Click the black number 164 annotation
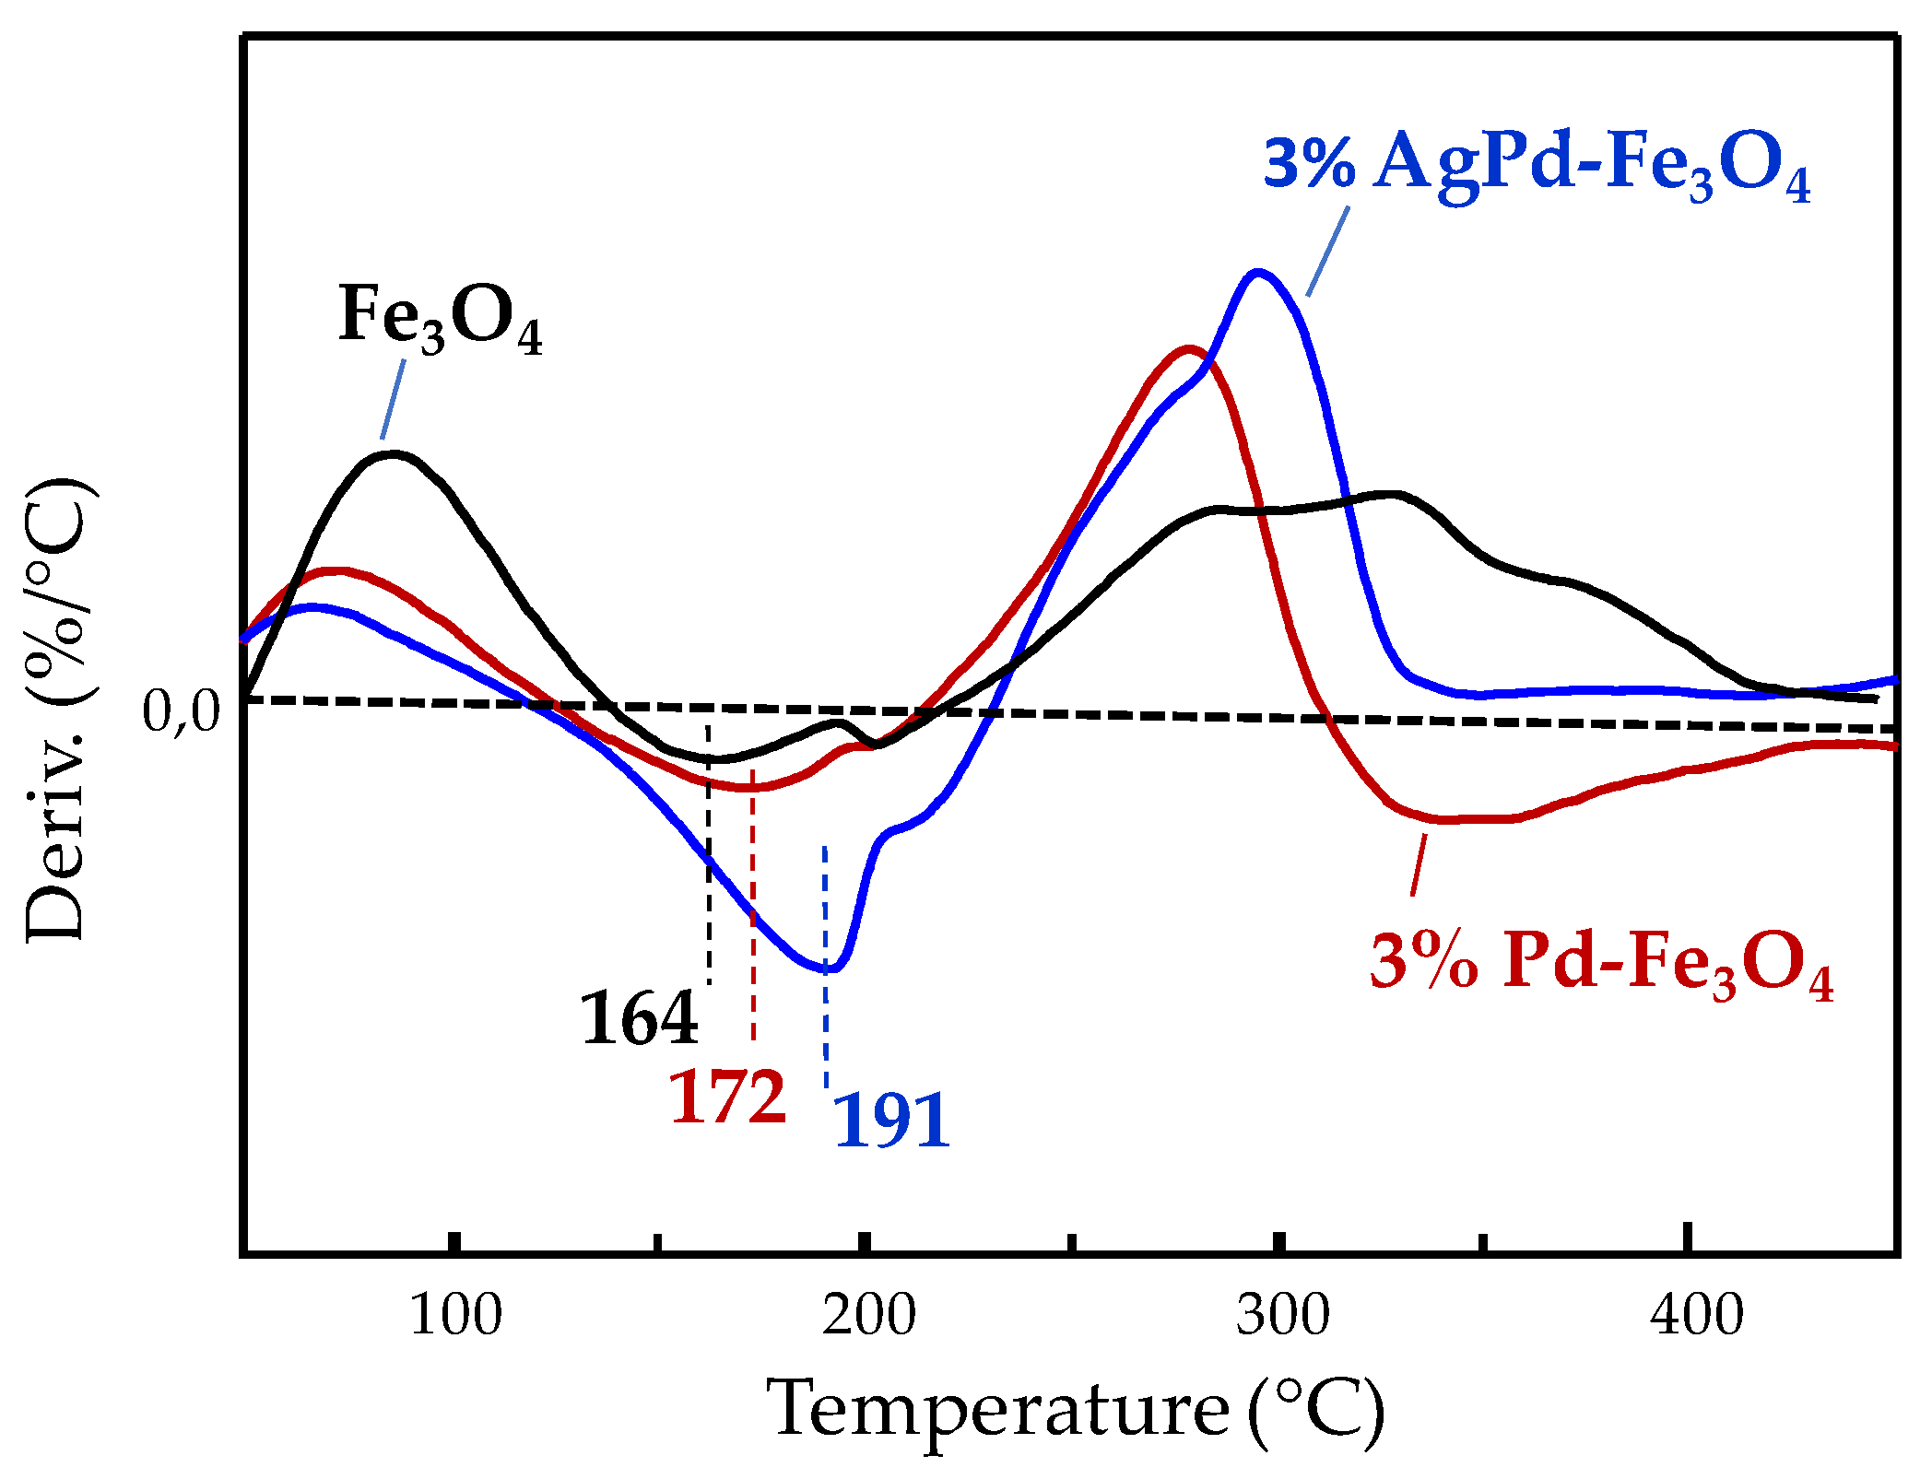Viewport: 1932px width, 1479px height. coord(639,1019)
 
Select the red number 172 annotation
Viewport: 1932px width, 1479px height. coord(727,1098)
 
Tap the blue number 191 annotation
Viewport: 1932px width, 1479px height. coord(890,1121)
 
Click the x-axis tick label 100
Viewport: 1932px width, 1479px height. coord(455,1315)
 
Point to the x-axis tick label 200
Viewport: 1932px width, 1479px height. coord(869,1315)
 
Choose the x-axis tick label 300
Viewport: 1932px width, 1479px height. coord(1283,1315)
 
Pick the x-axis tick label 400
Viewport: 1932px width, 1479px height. coord(1697,1315)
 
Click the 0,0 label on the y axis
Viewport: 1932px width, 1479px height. coord(182,712)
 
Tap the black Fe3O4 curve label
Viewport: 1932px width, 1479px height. coord(441,319)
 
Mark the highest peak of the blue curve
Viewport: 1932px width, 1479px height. coord(1257,273)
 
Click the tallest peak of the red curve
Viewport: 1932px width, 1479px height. coord(1189,349)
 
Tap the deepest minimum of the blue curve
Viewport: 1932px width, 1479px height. coord(831,968)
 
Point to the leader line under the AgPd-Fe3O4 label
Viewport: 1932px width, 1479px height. coord(1328,251)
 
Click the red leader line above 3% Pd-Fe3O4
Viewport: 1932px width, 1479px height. coord(1419,864)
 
